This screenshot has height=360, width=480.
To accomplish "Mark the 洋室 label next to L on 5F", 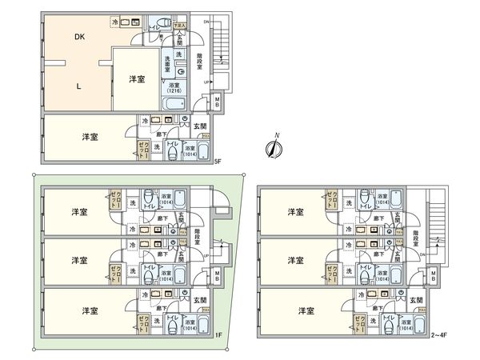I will pyautogui.click(x=136, y=80).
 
